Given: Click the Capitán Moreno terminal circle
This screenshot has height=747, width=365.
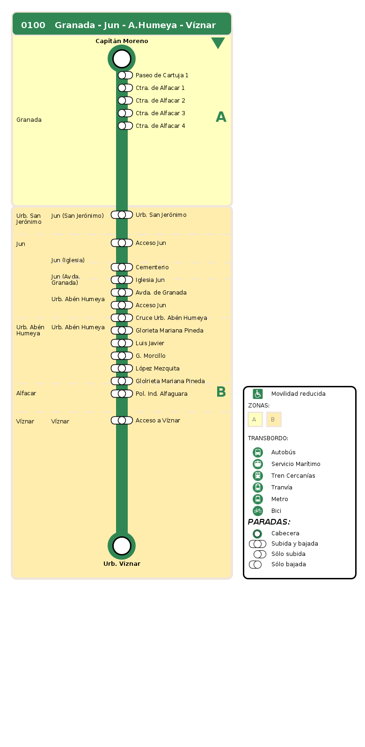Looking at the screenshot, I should click(122, 59).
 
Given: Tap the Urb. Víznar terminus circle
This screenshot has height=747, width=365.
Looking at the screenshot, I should click(122, 546).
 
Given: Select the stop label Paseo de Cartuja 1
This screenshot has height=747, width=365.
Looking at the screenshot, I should click(162, 75).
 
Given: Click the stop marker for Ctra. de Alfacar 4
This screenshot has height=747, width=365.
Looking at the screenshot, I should click(125, 126).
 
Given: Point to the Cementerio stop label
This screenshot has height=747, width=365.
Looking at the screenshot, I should click(152, 267).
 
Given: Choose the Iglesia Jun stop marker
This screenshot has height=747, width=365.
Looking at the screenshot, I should click(122, 280).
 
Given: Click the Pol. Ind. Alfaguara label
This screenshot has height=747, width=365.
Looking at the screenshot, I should click(161, 394).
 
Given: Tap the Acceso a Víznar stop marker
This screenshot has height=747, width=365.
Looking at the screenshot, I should click(122, 420).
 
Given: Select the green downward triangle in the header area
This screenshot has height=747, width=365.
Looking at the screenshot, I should click(218, 43).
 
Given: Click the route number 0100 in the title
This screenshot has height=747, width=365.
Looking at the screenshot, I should click(33, 25).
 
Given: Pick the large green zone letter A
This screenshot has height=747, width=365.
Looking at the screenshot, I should click(221, 117).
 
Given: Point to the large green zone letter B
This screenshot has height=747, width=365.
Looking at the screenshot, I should click(221, 392).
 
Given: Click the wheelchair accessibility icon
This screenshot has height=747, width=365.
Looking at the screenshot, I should click(258, 394).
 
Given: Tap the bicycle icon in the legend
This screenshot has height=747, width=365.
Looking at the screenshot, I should click(258, 510).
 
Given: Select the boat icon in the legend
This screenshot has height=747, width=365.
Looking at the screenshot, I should click(258, 464).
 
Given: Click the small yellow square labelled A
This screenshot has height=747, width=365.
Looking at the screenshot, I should click(255, 419).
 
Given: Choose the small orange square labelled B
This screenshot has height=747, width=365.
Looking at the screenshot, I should click(274, 419).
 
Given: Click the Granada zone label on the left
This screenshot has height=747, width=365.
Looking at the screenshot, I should click(29, 120).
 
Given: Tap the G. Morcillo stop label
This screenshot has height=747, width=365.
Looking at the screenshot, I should click(151, 356).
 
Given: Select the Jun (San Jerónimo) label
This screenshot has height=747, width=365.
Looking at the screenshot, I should click(78, 216).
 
